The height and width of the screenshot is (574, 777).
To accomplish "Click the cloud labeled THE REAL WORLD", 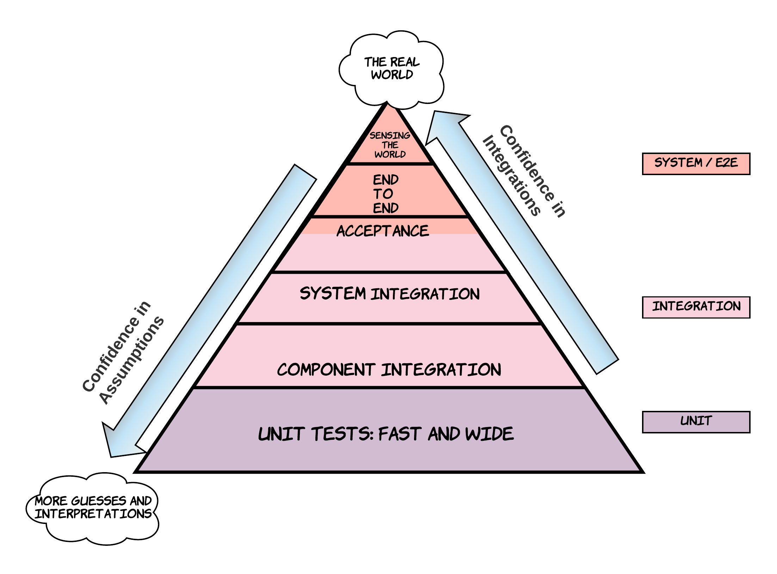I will [x=391, y=69].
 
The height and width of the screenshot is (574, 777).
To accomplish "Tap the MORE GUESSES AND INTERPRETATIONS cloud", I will [x=93, y=507].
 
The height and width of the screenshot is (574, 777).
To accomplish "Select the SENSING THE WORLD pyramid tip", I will [x=390, y=145].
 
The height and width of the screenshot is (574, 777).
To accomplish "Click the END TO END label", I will [x=386, y=194].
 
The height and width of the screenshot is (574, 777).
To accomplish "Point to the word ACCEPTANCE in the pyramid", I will [x=383, y=231].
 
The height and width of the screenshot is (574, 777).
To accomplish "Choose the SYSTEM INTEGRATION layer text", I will [x=389, y=294].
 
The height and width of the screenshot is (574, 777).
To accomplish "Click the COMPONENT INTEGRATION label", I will [x=389, y=370].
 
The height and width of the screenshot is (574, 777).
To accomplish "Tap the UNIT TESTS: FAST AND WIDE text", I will [x=386, y=434].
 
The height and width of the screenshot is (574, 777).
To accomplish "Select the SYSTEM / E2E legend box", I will [x=696, y=163].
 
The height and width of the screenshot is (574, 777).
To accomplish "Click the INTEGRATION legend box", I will [x=696, y=307].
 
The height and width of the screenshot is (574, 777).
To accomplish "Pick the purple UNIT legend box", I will [x=696, y=422].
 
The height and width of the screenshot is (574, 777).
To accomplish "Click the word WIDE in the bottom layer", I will [x=490, y=434].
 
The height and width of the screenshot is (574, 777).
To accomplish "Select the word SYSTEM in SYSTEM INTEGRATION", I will [x=333, y=294].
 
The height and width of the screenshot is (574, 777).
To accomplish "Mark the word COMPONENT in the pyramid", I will [x=326, y=370].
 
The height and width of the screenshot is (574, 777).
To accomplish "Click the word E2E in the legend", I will [x=727, y=162].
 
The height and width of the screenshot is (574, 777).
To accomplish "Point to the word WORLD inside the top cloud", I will [x=392, y=75].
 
